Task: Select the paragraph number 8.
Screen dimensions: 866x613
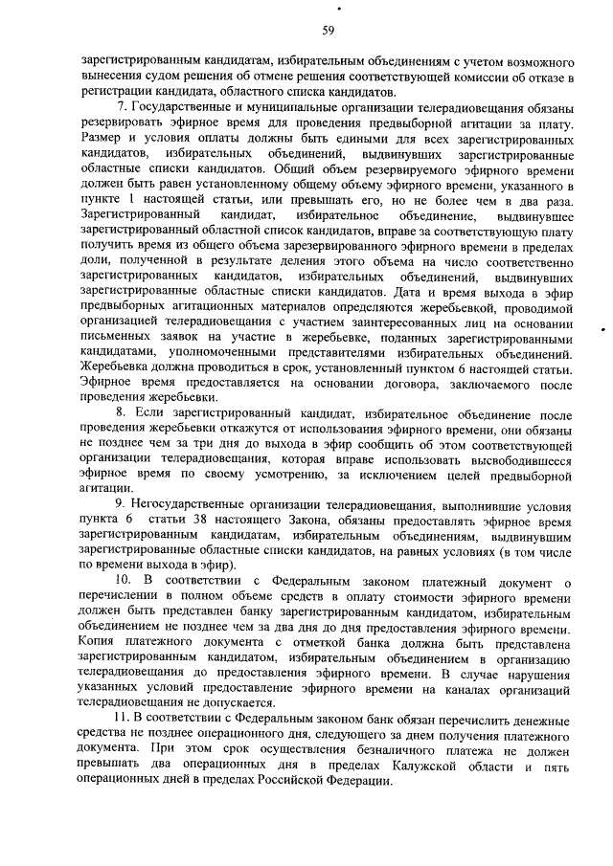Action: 121,412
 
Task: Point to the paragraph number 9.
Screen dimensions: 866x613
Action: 121,504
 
